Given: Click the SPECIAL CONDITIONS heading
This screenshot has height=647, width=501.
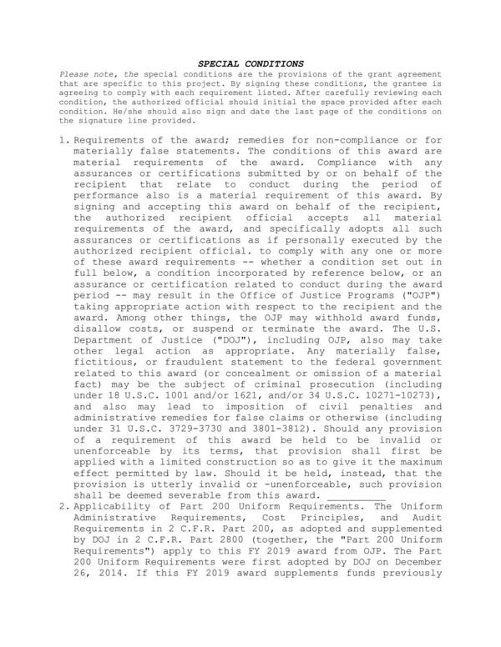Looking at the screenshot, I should point(250,63).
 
